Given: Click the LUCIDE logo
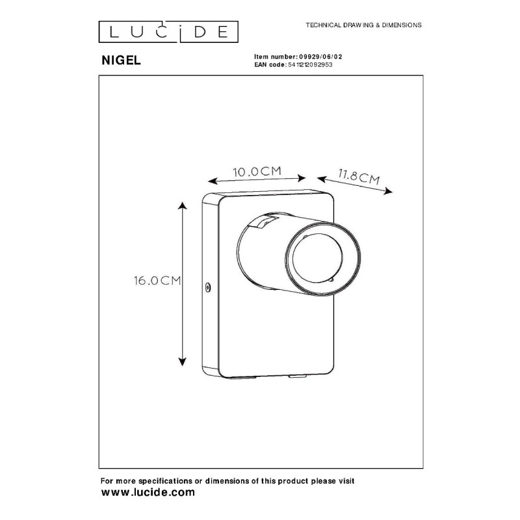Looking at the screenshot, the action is tap(168, 32).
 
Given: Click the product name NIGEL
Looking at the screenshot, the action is tap(121, 60).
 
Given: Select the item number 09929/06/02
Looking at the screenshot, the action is tap(320, 57).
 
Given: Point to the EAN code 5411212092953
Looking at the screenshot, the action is tap(310, 64).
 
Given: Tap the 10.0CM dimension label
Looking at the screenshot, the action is tap(257, 172).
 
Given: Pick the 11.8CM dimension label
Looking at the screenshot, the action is tap(359, 176).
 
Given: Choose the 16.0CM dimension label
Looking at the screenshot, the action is tap(157, 281).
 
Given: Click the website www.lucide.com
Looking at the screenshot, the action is tap(148, 493).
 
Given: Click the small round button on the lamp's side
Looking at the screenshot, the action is tap(208, 287).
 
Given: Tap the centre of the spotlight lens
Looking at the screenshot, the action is tap(317, 257).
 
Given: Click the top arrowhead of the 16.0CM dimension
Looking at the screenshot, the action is tap(182, 205).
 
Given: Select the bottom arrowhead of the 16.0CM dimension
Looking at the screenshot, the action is tap(182, 362).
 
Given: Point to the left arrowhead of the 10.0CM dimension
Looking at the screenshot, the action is tap(213, 181).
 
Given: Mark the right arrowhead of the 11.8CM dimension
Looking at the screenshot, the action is tap(388, 191).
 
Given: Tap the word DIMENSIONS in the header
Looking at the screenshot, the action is tap(402, 25).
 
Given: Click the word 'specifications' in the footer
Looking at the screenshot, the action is tap(165, 481).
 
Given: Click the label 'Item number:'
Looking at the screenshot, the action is tap(276, 57).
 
